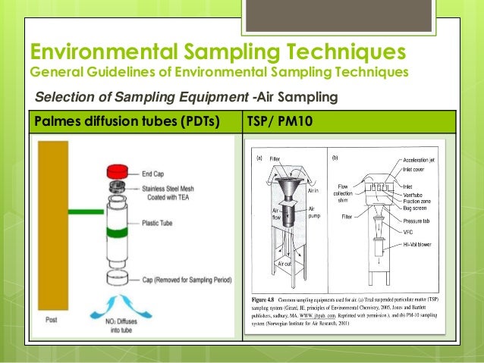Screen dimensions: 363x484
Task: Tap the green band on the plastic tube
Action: point(117,233)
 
